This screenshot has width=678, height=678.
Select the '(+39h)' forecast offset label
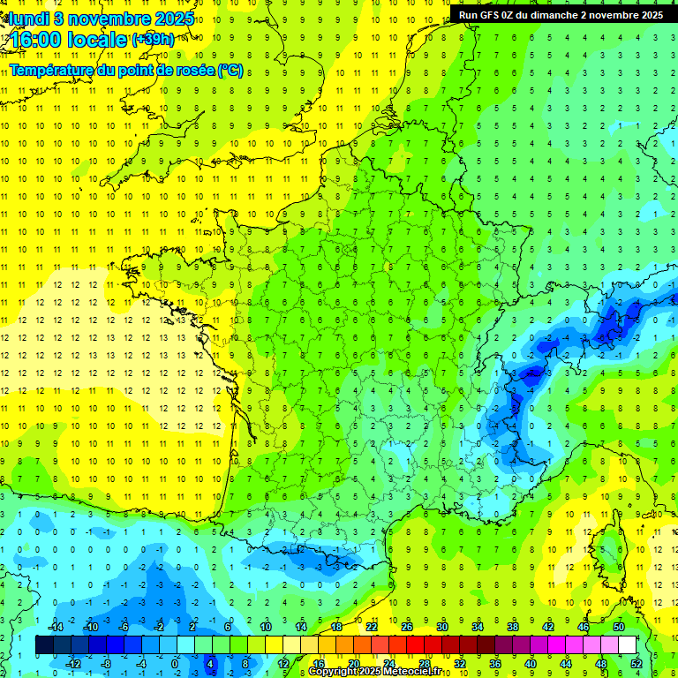point(153,39)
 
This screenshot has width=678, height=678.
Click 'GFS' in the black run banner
point(495,15)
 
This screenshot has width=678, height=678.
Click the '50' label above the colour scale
point(619,627)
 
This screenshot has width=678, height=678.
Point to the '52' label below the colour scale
point(637,664)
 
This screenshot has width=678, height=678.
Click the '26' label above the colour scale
point(407,627)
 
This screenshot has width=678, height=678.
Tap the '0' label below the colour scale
point(175,664)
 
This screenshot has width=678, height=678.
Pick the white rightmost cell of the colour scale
point(628,645)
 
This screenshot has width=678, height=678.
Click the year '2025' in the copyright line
point(369,672)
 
